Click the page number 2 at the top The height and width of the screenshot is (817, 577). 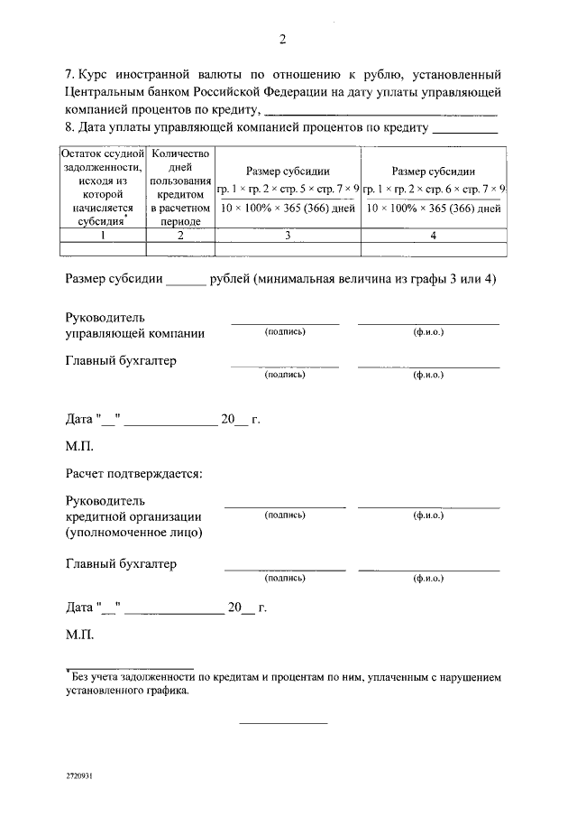click(282, 39)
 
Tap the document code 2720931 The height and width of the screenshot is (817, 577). click(79, 775)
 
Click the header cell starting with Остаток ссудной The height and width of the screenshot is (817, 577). click(102, 188)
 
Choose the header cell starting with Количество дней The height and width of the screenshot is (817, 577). click(180, 188)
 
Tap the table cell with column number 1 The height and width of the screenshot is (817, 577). click(102, 236)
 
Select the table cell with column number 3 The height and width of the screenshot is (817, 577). click(287, 236)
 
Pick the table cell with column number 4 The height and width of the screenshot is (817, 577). click(433, 236)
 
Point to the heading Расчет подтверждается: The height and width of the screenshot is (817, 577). click(133, 472)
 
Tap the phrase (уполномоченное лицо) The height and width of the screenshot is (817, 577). click(133, 533)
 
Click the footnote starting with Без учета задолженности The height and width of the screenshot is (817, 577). click(282, 682)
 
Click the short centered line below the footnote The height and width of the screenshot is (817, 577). click(282, 722)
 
